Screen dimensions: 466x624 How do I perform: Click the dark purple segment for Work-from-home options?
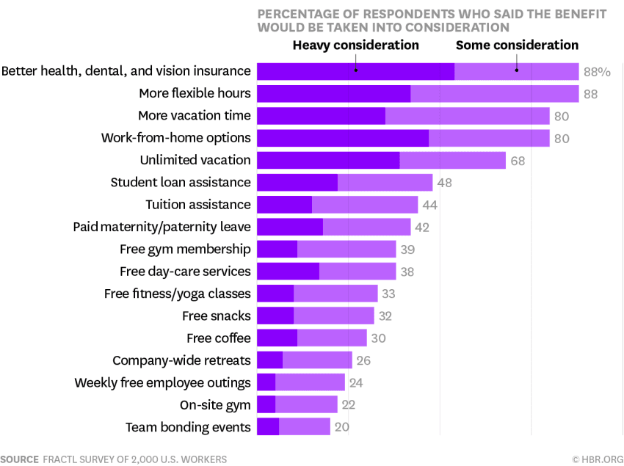tap(342, 138)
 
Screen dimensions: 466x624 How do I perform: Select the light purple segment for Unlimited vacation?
tap(452, 160)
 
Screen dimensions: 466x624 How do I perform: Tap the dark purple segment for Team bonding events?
tap(267, 427)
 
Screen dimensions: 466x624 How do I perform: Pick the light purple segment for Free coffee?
tap(332, 338)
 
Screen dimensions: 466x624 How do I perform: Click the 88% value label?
tap(596, 72)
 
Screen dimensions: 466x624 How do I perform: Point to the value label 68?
tap(518, 161)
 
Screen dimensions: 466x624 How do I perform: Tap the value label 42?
tap(422, 227)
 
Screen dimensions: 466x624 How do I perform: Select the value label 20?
tap(341, 428)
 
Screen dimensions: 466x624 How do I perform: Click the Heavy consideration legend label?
tap(355, 45)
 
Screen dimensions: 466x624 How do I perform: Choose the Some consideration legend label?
tap(517, 45)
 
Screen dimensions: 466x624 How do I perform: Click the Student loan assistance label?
tap(181, 182)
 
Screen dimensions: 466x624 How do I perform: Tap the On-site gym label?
tap(215, 405)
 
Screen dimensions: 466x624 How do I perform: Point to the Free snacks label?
tap(217, 316)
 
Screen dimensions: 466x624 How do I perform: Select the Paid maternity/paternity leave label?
tap(162, 227)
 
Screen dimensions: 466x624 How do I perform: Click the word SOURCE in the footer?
tap(19, 459)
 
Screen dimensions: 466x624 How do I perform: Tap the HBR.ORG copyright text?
tap(597, 459)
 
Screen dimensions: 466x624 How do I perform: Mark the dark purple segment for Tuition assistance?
tap(284, 205)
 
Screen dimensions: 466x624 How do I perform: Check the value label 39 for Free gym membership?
tap(407, 250)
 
